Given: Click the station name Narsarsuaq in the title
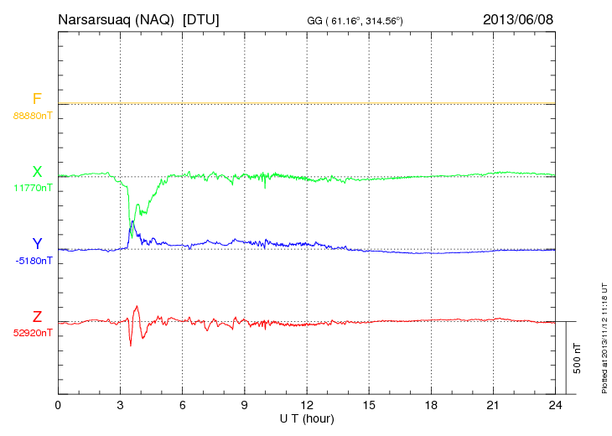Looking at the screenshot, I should [95, 19].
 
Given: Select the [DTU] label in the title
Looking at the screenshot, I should [201, 19].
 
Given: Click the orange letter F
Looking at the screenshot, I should [36, 99].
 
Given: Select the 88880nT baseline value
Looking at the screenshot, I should [33, 116].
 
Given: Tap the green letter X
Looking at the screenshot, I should [37, 172].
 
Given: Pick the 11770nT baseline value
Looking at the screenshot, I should [33, 189].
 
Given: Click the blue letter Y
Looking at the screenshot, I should [36, 244].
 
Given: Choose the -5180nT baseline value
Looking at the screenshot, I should [33, 261].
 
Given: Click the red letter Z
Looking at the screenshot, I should [37, 316].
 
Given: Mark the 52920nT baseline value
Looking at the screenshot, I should [33, 333].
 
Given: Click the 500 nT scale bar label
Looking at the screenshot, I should [578, 357].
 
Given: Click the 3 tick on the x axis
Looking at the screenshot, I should [120, 405].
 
